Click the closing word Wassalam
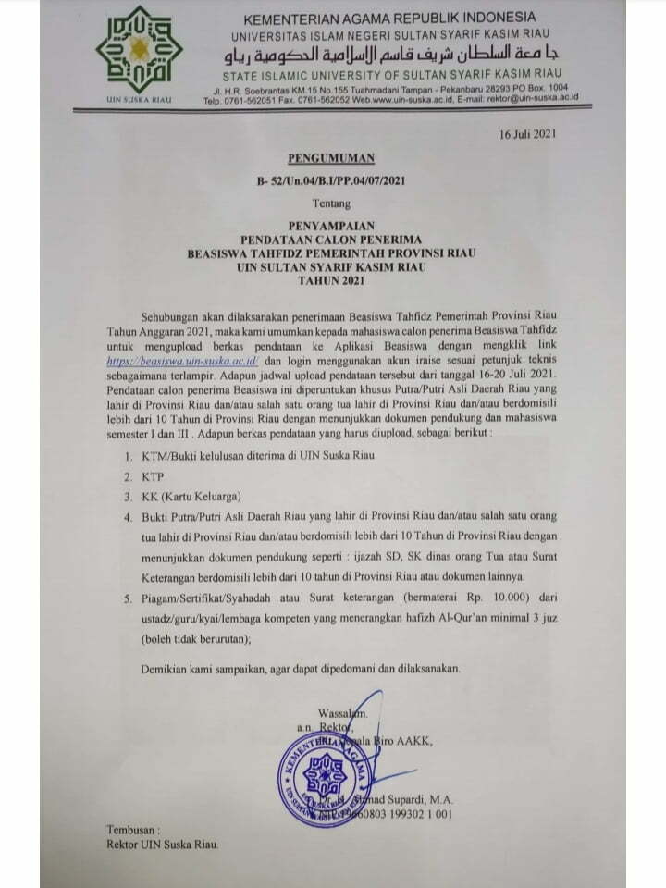pyautogui.click(x=342, y=713)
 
